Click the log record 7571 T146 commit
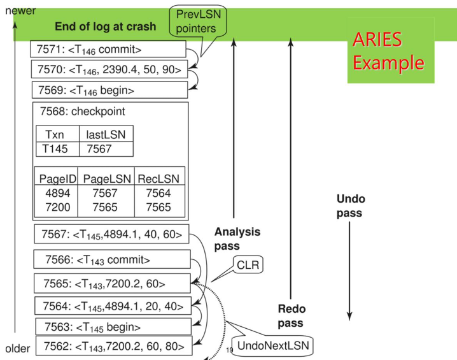108,50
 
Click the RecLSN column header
159,178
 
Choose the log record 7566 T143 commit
113,259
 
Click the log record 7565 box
113,282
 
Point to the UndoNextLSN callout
262,347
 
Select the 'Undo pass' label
350,205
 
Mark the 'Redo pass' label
292,315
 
